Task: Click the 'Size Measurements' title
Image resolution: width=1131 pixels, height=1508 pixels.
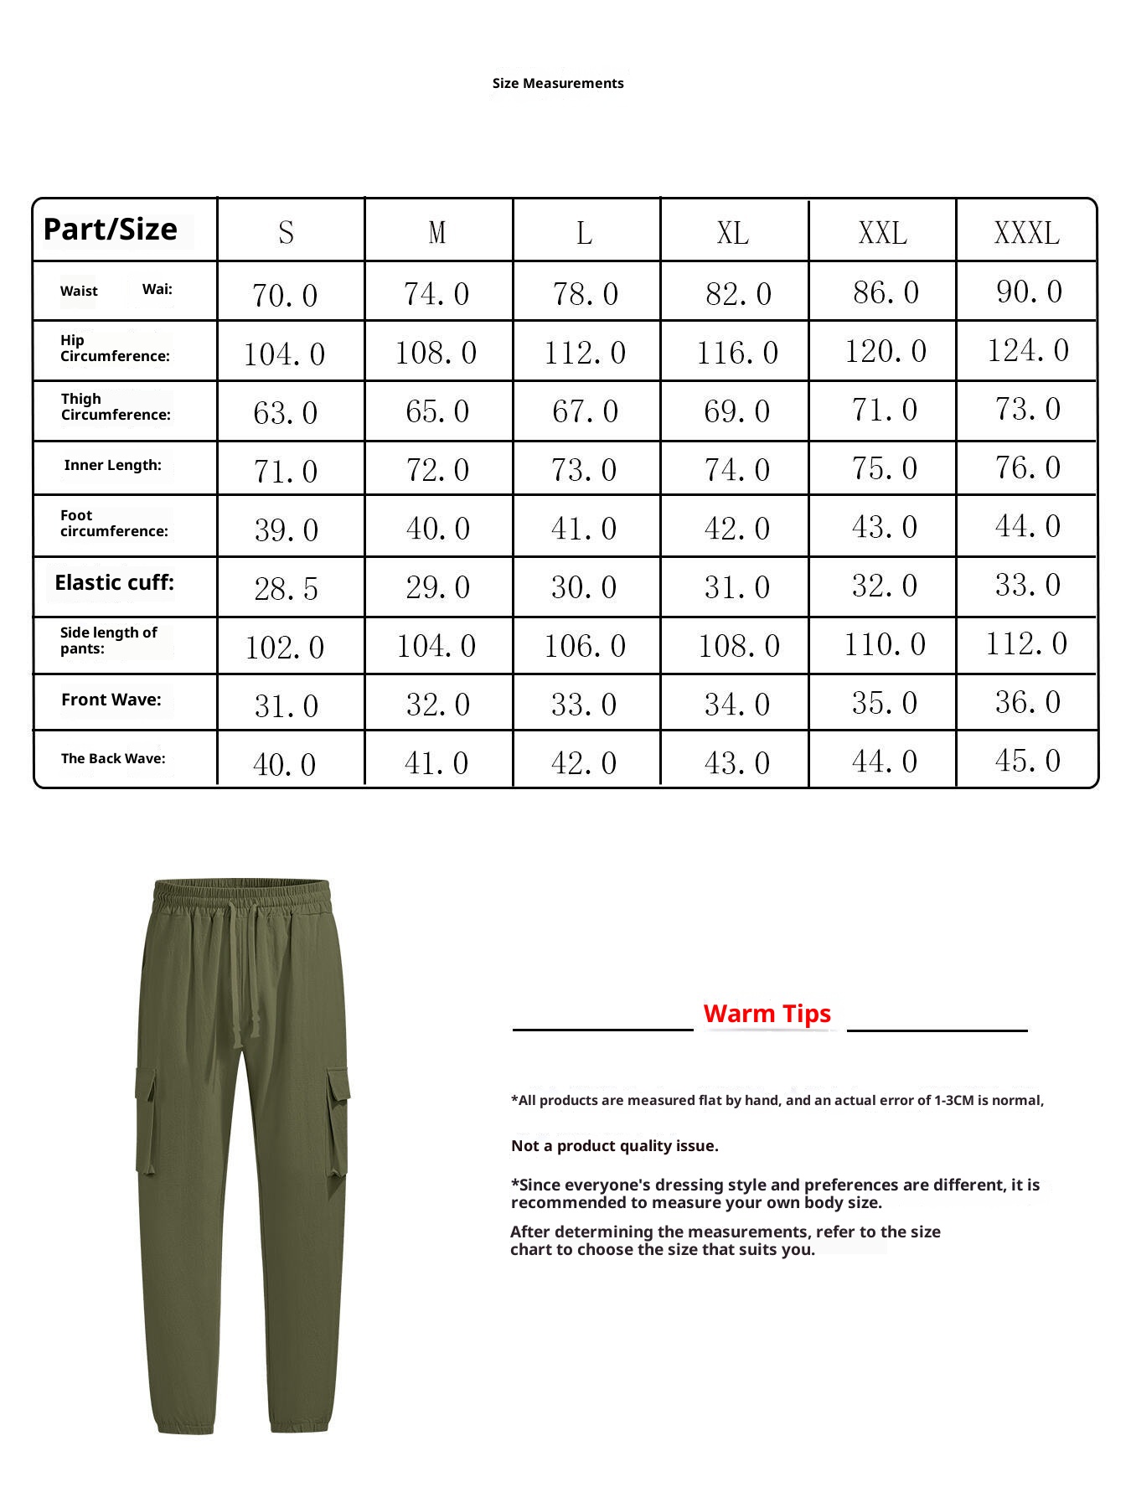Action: pyautogui.click(x=558, y=83)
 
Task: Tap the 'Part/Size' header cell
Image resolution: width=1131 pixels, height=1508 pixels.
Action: pyautogui.click(x=110, y=229)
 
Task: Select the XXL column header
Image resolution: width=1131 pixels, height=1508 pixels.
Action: pyautogui.click(x=882, y=233)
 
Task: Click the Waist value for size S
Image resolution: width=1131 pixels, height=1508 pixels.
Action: pyautogui.click(x=285, y=295)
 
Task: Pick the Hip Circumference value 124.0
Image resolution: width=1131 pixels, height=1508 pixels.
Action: pyautogui.click(x=1028, y=350)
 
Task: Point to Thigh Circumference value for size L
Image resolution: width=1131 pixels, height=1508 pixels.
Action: pyautogui.click(x=585, y=411)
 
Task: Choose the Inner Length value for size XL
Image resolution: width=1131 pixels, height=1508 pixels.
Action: pyautogui.click(x=736, y=469)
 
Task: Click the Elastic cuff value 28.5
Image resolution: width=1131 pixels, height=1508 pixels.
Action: pyautogui.click(x=286, y=588)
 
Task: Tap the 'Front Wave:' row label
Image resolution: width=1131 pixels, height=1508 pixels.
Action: pyautogui.click(x=111, y=700)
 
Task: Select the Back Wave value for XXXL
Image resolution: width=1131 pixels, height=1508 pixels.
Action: pyautogui.click(x=1028, y=761)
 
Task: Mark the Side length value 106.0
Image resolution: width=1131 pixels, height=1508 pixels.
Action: pyautogui.click(x=585, y=645)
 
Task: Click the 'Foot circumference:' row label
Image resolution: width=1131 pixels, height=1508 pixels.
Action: pyautogui.click(x=114, y=523)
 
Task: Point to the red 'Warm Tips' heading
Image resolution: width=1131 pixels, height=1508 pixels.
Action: pyautogui.click(x=767, y=1013)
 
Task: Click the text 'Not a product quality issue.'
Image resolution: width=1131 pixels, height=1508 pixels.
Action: pyautogui.click(x=615, y=1145)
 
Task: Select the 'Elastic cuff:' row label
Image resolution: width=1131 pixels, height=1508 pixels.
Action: pyautogui.click(x=114, y=582)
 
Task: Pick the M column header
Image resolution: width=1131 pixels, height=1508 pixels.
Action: pyautogui.click(x=436, y=233)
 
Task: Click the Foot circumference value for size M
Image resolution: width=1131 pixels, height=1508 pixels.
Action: pyautogui.click(x=437, y=528)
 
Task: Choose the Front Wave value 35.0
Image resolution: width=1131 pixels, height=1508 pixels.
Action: pyautogui.click(x=884, y=702)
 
